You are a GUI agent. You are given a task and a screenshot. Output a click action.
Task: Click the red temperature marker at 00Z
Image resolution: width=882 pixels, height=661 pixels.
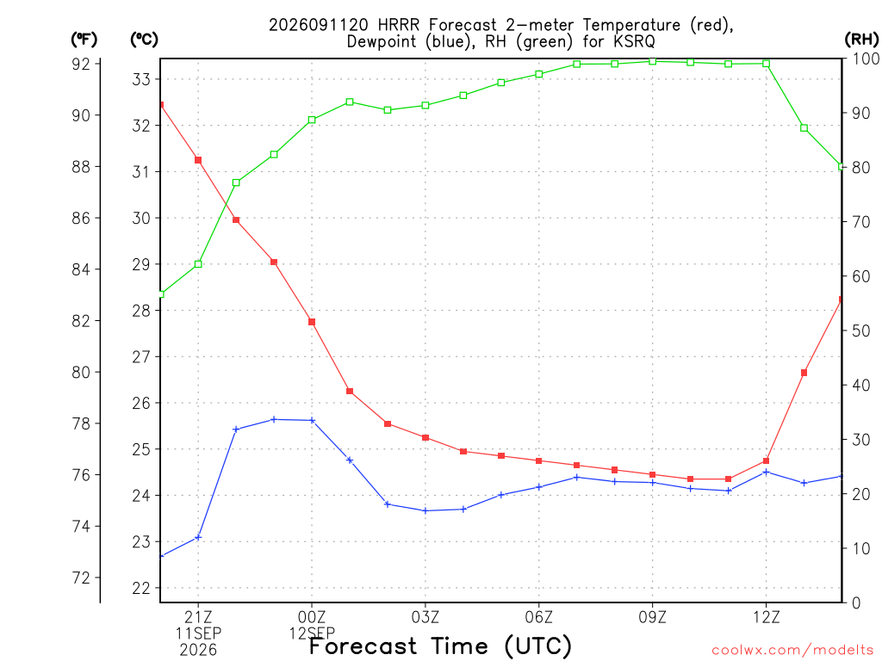pos(312,322)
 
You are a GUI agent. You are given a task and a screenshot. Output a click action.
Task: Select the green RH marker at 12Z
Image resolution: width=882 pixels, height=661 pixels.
pos(766,64)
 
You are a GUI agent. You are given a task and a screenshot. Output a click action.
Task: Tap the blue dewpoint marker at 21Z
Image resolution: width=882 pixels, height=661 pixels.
pos(198,537)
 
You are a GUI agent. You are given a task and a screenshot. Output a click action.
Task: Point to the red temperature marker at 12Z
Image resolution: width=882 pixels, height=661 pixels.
pos(766,461)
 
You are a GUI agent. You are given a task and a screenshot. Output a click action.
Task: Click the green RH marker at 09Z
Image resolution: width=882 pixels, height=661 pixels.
pos(653,61)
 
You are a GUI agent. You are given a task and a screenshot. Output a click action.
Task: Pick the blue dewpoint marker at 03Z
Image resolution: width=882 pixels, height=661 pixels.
pos(425,510)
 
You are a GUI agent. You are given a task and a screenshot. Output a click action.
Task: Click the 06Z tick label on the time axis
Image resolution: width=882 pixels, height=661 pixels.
pos(539,618)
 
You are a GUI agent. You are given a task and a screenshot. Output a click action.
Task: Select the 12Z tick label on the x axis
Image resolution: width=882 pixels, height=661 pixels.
pos(766,618)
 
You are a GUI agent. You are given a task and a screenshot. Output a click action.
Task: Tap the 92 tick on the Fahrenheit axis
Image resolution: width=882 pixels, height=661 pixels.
pos(81,64)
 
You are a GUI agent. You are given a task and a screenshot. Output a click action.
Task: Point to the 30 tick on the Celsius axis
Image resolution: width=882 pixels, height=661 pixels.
pos(141,218)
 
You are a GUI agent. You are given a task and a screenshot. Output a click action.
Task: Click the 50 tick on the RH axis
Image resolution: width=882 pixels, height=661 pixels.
pos(860,330)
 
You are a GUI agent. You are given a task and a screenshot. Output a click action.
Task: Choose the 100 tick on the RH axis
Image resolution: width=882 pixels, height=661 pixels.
pos(865,59)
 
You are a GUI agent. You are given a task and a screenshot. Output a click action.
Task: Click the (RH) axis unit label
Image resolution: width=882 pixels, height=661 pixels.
pos(861,39)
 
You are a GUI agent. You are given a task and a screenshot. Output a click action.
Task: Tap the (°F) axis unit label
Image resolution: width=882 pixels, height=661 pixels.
pos(84,40)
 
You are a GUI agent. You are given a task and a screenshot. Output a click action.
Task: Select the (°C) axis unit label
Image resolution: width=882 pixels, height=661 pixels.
pos(144,40)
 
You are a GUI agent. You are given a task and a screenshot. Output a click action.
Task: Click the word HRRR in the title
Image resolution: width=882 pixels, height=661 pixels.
pos(399,25)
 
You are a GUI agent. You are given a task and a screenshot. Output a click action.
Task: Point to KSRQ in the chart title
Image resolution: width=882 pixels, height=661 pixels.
pos(634,41)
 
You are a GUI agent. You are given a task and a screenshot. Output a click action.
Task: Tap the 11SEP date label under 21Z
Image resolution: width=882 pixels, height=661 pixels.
pos(198,633)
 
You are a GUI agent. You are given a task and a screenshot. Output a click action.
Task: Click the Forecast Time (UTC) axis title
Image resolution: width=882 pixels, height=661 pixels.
pos(440,646)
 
